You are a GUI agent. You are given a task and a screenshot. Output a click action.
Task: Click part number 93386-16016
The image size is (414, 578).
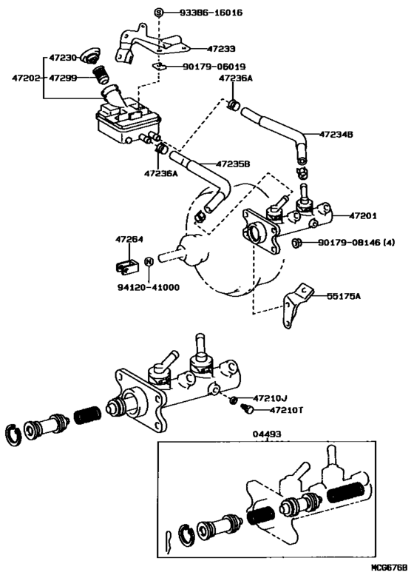pos(211,13)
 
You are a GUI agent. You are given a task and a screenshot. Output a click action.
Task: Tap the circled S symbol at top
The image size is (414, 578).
pos(158,13)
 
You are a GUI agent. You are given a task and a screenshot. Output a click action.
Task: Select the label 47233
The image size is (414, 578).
pos(221,48)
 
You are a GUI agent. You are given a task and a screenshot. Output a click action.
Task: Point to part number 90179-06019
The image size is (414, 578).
pos(214,67)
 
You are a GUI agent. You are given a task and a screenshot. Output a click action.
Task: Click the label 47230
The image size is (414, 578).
pos(63,58)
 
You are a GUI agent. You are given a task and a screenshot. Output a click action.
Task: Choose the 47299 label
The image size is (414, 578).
pos(63,78)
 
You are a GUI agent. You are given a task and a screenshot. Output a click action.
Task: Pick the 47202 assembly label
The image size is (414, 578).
pos(25,78)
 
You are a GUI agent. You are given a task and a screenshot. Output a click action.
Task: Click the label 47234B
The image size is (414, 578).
pos(336,134)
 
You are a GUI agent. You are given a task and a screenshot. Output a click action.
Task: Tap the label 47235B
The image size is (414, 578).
pos(233,164)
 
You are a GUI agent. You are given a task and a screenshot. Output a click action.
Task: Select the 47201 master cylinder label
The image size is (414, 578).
pos(363,215)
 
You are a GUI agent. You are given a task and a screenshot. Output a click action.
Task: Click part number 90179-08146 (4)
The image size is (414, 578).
pos(356,243)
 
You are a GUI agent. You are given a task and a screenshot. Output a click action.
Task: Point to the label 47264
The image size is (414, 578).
pos(129,239)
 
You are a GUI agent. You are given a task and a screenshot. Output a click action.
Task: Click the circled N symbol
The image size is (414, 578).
pos(149,261)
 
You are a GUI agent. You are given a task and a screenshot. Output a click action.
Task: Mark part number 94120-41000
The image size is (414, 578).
pos(149,287)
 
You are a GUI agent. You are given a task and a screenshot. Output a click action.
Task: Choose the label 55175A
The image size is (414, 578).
pos(343,295)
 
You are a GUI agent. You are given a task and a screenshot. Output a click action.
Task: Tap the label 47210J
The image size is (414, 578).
pos(270,398)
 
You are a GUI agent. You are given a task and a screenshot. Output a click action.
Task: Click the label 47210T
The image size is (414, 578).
pos(286,409)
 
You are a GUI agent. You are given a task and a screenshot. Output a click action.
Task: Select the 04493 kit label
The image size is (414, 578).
pos(267,434)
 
